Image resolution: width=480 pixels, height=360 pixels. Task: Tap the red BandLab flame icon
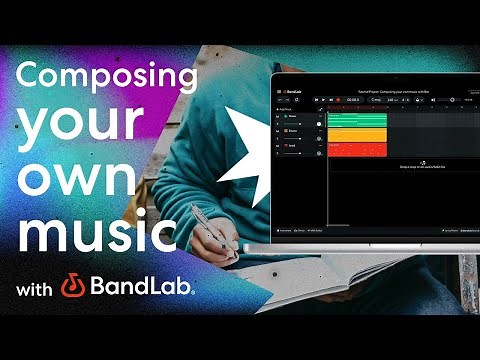coord(72,288)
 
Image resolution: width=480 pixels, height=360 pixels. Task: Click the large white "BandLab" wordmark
coord(141,288)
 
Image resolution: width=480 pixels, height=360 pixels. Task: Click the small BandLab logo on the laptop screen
coord(292,89)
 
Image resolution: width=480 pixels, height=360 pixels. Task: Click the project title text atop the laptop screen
coord(380,89)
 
